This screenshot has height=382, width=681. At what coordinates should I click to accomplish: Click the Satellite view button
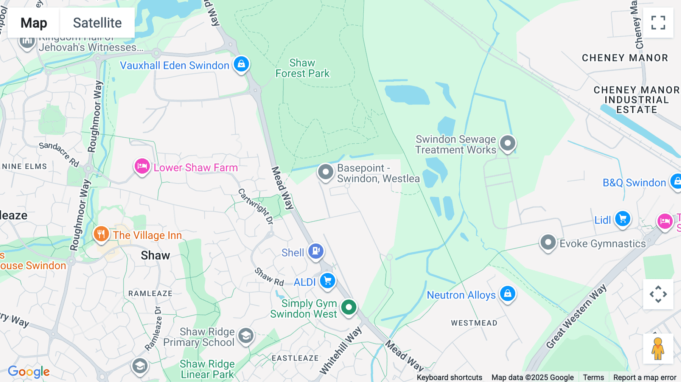tap(97, 23)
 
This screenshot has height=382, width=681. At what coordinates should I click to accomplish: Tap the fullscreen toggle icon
tap(658, 23)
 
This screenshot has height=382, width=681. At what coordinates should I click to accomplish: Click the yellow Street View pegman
tap(658, 348)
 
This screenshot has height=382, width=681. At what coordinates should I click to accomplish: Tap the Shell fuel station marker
tap(316, 251)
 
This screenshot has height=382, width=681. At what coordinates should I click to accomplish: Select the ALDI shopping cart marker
tap(328, 281)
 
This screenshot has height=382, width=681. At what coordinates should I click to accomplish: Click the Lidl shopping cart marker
tap(623, 219)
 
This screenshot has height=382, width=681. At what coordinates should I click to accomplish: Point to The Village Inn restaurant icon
tap(101, 234)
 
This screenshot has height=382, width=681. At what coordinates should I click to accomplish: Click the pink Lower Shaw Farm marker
tap(142, 166)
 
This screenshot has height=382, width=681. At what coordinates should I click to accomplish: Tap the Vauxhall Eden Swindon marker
tap(241, 64)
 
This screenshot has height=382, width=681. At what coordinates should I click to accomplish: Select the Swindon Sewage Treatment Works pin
tap(507, 143)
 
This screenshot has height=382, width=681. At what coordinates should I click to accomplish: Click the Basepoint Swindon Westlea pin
tap(325, 172)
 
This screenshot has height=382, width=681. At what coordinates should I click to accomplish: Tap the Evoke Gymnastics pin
tap(548, 242)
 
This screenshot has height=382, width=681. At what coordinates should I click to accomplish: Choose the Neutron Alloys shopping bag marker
tap(507, 293)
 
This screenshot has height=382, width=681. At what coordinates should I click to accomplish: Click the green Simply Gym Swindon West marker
tap(349, 307)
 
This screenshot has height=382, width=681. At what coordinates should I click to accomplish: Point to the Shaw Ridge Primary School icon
tap(246, 335)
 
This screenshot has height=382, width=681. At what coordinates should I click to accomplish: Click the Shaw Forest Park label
tap(302, 68)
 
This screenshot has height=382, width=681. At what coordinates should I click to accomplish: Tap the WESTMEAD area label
tap(474, 323)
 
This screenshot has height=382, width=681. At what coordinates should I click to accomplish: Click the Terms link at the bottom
tap(593, 377)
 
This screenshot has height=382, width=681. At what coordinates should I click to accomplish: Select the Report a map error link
tap(645, 377)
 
